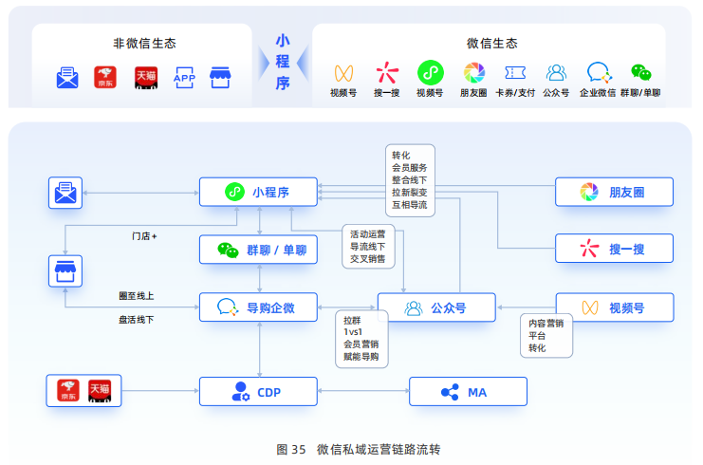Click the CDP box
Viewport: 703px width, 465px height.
[x=258, y=392]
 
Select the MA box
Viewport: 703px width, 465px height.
[x=468, y=392]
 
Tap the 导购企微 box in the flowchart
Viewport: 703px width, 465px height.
[x=258, y=307]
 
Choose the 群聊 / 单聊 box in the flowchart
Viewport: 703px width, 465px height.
[x=258, y=250]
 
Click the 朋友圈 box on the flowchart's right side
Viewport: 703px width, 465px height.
[x=614, y=192]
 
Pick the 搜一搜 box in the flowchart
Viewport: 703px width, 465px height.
[x=614, y=249]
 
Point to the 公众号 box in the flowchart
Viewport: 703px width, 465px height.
[x=436, y=307]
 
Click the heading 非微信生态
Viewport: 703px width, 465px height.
[x=144, y=44]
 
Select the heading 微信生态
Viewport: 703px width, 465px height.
[x=491, y=44]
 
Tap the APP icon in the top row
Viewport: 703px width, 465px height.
[x=184, y=78]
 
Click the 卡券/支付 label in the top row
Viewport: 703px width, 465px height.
[x=515, y=93]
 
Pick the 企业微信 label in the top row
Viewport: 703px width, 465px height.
[x=597, y=93]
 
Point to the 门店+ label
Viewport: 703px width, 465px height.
[x=144, y=236]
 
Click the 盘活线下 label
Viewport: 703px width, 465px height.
[x=136, y=320]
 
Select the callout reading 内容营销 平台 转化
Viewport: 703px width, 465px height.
[x=546, y=335]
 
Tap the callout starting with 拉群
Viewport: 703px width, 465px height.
[x=361, y=339]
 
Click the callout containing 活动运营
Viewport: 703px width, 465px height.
[x=368, y=247]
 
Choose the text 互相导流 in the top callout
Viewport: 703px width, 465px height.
[x=409, y=205]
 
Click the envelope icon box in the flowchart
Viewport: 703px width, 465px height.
[x=65, y=193]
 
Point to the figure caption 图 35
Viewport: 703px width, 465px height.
[x=291, y=449]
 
